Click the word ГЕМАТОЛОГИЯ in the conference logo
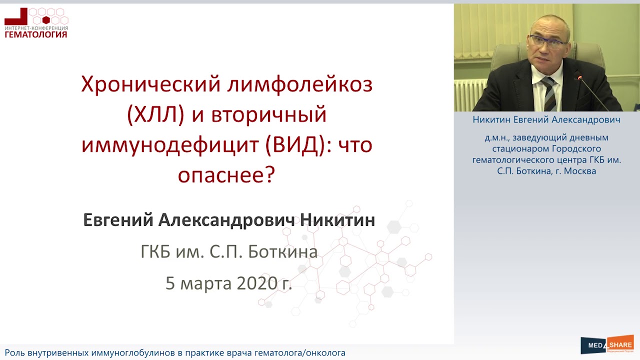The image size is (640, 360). (36, 34)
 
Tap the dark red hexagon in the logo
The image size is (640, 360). (46, 20)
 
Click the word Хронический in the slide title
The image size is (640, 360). (151, 84)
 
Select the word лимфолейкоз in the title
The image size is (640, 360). (300, 84)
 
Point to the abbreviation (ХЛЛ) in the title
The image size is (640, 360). (155, 114)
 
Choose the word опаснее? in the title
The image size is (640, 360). (226, 174)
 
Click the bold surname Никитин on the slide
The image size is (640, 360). (337, 220)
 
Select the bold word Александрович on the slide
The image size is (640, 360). (226, 221)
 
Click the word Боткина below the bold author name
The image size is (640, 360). (283, 252)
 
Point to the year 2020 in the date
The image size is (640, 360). (257, 283)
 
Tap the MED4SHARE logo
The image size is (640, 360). (607, 344)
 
